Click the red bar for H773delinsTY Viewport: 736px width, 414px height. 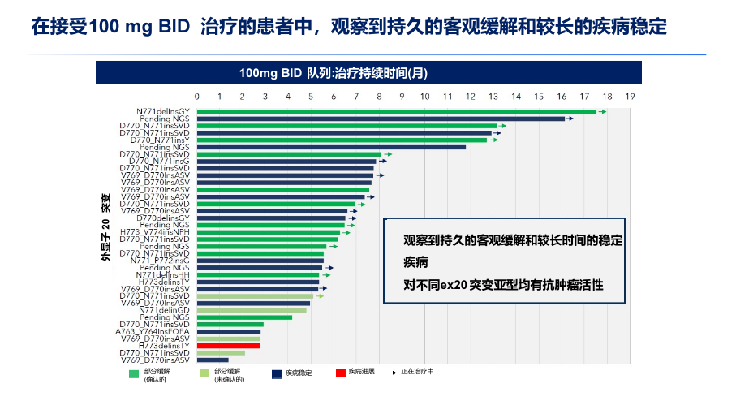228,346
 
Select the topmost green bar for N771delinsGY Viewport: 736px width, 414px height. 396,111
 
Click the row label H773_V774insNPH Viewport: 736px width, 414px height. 155,232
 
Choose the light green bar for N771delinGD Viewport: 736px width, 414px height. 251,310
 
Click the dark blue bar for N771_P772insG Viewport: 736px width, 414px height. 260,261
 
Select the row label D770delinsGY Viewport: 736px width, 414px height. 163,218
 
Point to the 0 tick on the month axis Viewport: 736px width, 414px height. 196,96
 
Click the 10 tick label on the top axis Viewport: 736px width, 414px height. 424,96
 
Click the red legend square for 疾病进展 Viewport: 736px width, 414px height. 340,373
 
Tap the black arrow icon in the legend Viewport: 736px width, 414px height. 393,373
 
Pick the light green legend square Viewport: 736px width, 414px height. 204,373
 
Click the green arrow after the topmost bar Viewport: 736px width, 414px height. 602,111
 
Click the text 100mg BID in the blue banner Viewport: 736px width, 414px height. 270,73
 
